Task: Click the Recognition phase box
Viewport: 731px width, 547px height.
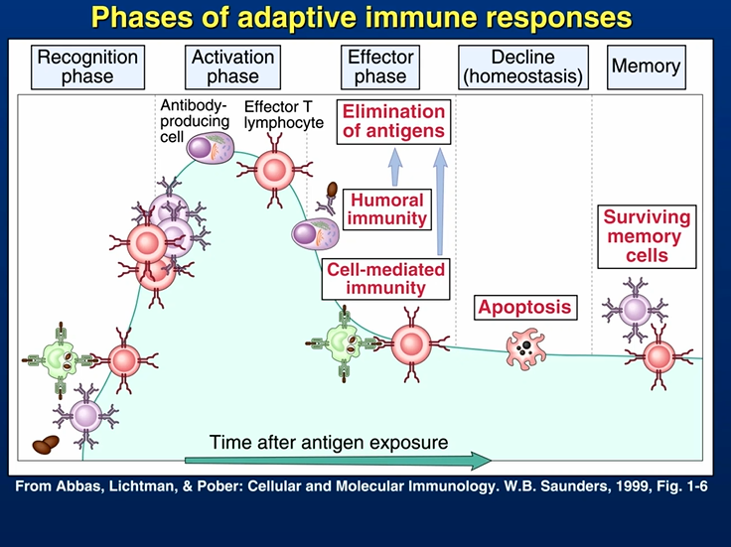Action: (x=87, y=68)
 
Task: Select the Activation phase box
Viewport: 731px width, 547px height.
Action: (x=232, y=68)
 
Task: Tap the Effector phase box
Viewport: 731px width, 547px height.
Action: (x=380, y=68)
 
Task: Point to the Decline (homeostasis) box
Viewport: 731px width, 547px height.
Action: (x=523, y=68)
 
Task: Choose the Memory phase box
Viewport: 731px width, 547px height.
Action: (x=647, y=68)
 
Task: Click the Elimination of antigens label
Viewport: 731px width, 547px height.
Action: (x=393, y=121)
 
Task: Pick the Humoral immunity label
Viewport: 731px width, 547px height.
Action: (x=387, y=209)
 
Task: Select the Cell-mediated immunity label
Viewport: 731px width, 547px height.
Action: (x=385, y=279)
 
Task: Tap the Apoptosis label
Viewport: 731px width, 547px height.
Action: (x=525, y=308)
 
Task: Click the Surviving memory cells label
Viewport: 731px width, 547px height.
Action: (x=648, y=236)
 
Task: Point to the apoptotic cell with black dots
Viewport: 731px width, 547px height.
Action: (x=525, y=349)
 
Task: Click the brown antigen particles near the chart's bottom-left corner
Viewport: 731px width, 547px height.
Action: (x=46, y=445)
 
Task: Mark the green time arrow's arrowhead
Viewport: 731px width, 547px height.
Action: (x=481, y=461)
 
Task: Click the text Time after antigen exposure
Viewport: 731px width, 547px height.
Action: (x=329, y=442)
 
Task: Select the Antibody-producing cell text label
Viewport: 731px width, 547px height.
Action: (x=195, y=121)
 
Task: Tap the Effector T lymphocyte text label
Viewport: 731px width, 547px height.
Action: (x=283, y=114)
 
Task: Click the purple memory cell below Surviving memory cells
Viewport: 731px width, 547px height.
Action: (x=635, y=310)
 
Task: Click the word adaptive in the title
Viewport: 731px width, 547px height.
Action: (x=297, y=18)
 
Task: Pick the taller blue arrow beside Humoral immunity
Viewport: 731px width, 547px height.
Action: (x=440, y=202)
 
